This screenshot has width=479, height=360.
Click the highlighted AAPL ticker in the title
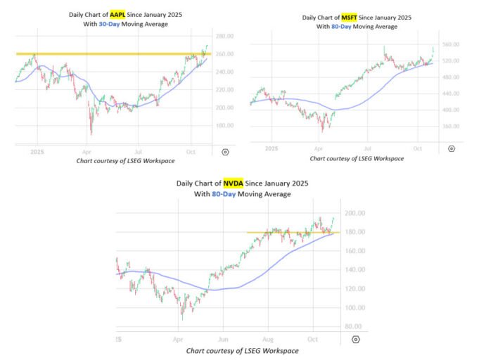[x=117, y=14]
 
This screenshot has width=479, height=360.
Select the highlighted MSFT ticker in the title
[x=349, y=18]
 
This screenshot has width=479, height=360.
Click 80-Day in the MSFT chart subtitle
[x=343, y=27]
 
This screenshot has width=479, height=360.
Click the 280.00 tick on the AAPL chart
[x=224, y=36]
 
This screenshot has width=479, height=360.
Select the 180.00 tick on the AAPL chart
[x=224, y=126]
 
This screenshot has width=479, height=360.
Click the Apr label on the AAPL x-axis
[x=87, y=151]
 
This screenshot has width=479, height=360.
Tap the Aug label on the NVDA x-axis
[x=267, y=339]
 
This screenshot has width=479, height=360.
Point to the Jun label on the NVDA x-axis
[x=222, y=339]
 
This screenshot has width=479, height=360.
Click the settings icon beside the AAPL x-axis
[x=224, y=151]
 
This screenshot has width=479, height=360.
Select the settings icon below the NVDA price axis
[x=357, y=340]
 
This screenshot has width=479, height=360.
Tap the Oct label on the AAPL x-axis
[x=190, y=151]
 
